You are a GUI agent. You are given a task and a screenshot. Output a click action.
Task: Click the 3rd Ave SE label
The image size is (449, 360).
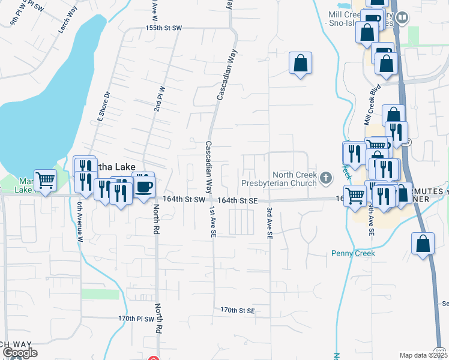coord(270,222)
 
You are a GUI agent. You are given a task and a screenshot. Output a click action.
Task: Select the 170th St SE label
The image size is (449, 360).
coord(238,310)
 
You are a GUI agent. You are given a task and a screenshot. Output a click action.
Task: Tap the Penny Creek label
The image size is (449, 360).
coord(353,253)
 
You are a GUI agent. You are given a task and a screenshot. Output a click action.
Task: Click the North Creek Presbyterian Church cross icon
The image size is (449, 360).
coord(326,178)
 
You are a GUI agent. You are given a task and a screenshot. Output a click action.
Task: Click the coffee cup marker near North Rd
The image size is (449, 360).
coord(143,185)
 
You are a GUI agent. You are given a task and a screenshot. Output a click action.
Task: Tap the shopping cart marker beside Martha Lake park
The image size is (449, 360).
coord(46,180)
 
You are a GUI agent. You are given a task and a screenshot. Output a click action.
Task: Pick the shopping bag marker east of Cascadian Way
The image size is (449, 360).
coord(300,63)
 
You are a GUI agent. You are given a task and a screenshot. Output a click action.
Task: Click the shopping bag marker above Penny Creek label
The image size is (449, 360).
coord(423,244)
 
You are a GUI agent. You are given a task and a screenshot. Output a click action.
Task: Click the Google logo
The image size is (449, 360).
coord(20,353)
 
